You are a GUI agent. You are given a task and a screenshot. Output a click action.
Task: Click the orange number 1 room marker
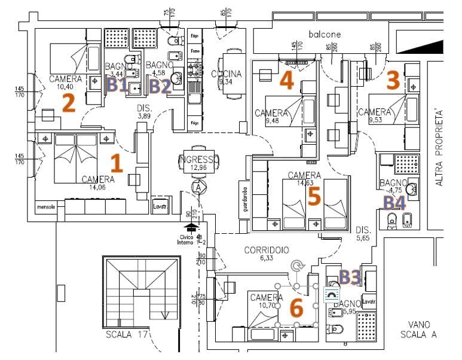[x=117, y=163]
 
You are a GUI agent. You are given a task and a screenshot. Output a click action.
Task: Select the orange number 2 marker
[x=68, y=103]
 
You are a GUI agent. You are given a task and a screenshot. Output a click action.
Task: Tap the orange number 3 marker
[x=392, y=80]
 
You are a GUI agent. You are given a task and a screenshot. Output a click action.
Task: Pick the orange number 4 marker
[x=287, y=80]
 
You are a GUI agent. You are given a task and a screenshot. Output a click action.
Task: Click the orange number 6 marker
[x=296, y=306]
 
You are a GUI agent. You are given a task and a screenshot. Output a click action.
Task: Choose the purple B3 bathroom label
[x=349, y=276]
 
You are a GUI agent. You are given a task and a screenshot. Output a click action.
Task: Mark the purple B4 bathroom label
[x=394, y=203]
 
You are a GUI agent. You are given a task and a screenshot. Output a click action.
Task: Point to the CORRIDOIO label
[x=266, y=250]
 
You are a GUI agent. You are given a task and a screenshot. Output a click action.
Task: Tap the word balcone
[x=325, y=34]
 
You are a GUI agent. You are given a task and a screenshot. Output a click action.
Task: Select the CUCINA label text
[x=226, y=74]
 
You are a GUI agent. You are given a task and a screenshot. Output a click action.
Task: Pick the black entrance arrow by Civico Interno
[x=191, y=227]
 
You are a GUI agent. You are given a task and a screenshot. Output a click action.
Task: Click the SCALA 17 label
[x=126, y=334]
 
